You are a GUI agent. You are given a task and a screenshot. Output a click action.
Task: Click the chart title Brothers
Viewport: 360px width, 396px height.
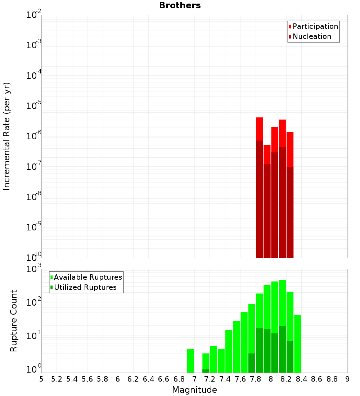[x=180, y=5]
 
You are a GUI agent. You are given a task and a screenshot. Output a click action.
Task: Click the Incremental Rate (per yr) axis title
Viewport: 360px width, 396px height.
[x=7, y=136]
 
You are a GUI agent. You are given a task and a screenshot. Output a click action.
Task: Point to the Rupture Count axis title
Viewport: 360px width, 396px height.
[x=14, y=320]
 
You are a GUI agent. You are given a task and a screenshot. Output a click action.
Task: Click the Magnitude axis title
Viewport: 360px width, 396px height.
[x=194, y=390]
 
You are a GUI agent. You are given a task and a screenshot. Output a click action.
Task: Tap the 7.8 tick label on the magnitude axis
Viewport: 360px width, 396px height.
[x=256, y=379]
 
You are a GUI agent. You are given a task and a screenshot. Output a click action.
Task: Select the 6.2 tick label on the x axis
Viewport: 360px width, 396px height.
[x=133, y=379]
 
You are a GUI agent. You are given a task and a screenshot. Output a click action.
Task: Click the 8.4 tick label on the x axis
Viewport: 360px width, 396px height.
[x=301, y=379]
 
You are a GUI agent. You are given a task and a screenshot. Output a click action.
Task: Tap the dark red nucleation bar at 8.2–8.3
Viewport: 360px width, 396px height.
[x=290, y=212]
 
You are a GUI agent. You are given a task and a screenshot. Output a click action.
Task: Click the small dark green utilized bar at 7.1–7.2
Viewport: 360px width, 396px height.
[x=206, y=371]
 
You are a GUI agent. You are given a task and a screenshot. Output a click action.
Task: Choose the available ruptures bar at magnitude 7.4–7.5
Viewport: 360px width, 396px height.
[x=229, y=351]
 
